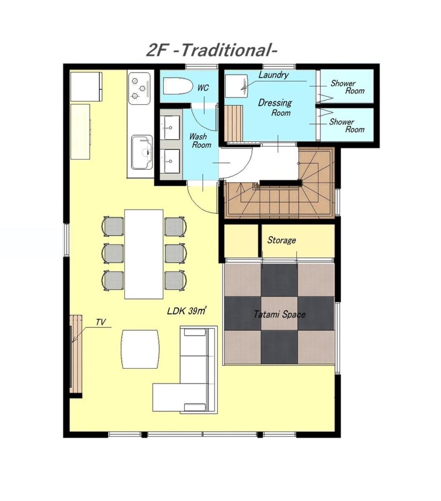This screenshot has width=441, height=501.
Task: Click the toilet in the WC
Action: (178, 86)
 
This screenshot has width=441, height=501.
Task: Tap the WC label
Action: (203, 88)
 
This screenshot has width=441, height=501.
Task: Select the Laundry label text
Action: (274, 75)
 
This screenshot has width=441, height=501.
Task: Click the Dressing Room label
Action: (275, 108)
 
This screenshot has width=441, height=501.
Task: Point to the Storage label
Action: (281, 240)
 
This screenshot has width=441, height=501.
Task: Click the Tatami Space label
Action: (279, 314)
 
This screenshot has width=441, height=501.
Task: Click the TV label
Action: (101, 322)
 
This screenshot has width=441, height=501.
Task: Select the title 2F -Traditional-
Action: (212, 51)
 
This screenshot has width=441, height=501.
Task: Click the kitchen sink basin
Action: (142, 152)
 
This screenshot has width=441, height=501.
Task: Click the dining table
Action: (144, 254)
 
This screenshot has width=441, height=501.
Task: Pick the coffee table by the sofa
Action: (140, 349)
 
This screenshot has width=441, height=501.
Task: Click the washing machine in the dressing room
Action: (236, 86)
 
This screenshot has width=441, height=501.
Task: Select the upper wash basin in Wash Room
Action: (170, 128)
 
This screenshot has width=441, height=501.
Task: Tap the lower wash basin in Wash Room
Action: (170, 161)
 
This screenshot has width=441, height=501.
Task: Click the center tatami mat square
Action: (279, 313)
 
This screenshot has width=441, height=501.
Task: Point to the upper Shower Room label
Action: (347, 87)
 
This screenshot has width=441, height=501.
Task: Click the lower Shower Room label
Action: (347, 126)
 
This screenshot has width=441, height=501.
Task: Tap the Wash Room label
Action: (200, 140)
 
